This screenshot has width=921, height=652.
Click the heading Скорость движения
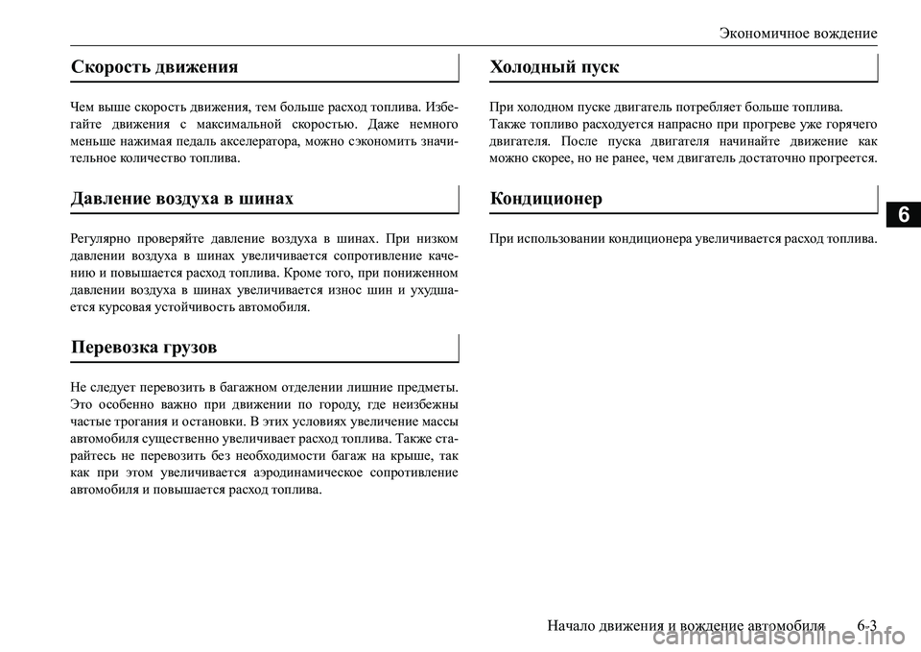(154, 66)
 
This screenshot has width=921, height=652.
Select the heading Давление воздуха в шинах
(182, 198)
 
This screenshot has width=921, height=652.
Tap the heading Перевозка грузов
(143, 346)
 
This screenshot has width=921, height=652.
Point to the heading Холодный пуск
(555, 66)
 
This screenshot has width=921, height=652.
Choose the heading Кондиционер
(546, 198)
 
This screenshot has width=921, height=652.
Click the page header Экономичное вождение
(798, 33)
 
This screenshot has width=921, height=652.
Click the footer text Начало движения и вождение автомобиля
(686, 625)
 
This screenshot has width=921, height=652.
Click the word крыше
(395, 455)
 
